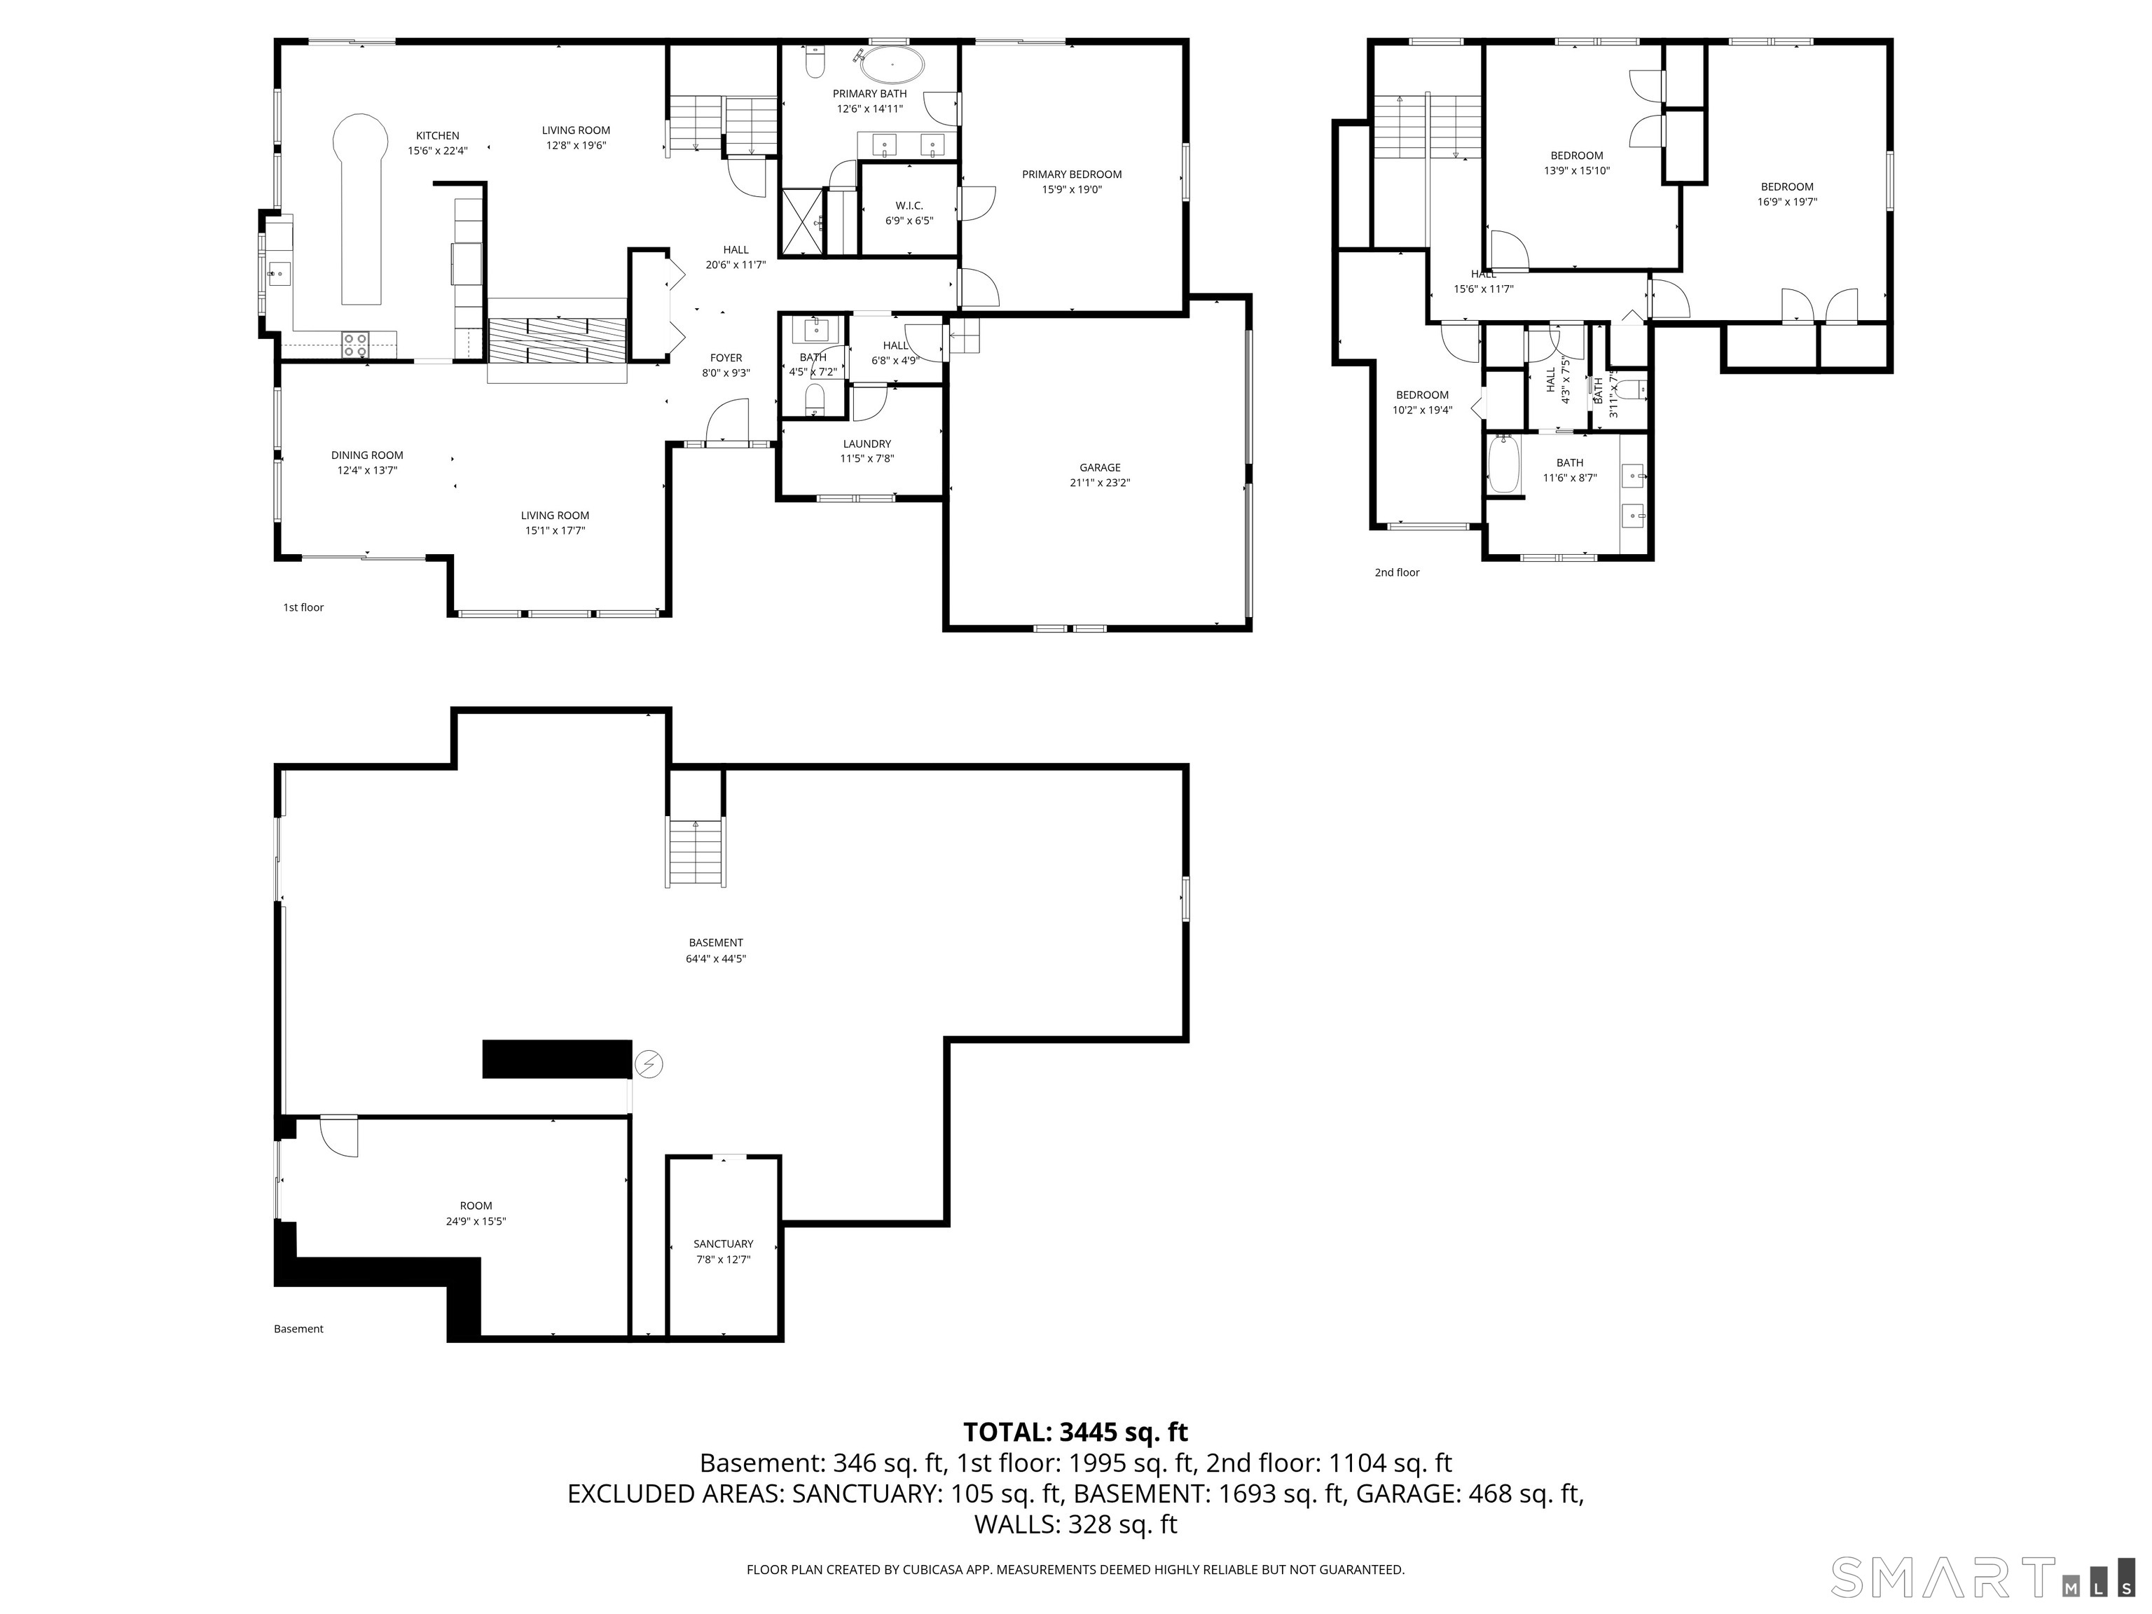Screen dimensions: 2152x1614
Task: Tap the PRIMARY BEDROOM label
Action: tap(1071, 174)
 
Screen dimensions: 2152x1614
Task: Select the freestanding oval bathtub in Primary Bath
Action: tap(892, 66)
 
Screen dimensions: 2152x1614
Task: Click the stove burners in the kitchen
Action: tap(355, 343)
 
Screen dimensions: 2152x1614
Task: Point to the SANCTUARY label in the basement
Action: tap(723, 1243)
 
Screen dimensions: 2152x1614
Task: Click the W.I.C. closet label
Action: tap(909, 205)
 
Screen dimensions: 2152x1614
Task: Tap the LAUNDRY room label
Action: tap(867, 443)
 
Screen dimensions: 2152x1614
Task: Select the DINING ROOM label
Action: tap(367, 455)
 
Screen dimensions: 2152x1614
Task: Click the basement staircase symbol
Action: tap(696, 853)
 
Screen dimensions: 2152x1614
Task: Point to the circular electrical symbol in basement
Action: tap(649, 1065)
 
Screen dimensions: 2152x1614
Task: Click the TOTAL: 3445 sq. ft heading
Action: tap(1075, 1432)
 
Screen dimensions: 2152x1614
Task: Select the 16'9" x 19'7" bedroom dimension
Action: tap(1787, 202)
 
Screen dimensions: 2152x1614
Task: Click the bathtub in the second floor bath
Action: tap(1503, 465)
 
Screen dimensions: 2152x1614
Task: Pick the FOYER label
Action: tap(726, 358)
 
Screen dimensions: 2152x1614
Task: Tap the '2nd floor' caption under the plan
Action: tap(1396, 572)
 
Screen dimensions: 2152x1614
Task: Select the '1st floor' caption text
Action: tap(303, 607)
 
